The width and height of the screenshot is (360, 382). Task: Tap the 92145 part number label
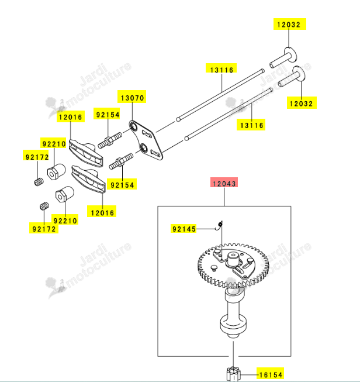(x=184, y=229)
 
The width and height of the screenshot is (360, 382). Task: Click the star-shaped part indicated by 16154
(x=233, y=374)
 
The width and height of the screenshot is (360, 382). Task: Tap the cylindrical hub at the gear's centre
(x=233, y=259)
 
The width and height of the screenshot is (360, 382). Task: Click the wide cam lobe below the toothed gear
(x=233, y=325)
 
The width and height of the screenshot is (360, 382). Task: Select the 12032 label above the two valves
(x=289, y=24)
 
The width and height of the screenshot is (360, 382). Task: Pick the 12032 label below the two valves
(x=302, y=103)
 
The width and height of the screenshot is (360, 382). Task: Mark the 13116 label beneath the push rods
(x=251, y=125)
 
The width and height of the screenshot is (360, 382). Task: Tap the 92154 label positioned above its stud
(x=107, y=113)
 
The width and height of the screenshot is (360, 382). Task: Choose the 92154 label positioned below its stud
(x=122, y=184)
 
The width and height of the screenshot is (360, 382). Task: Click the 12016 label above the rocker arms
(x=71, y=116)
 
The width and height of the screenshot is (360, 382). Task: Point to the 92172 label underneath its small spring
(x=44, y=228)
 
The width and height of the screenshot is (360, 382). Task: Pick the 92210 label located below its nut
(x=65, y=220)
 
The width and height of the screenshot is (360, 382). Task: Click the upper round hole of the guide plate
(x=134, y=126)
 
